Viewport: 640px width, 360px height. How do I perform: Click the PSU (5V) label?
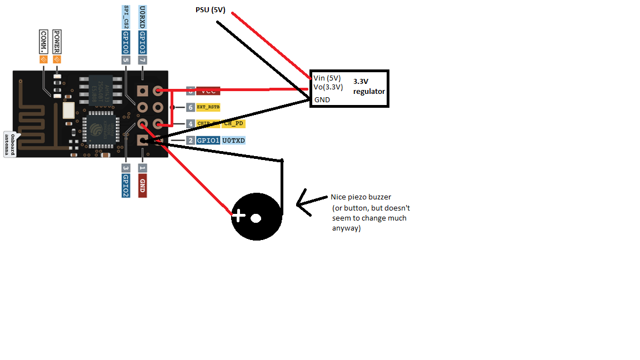[211, 10]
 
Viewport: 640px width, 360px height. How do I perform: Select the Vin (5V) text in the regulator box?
[327, 78]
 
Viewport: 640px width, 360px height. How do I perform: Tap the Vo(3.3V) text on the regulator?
[328, 87]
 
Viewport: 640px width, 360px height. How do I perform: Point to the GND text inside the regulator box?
[322, 100]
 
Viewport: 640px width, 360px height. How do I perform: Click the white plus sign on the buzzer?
[238, 216]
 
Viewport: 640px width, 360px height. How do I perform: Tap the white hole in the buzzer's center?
[256, 218]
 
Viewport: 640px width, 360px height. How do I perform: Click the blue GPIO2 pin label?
[126, 186]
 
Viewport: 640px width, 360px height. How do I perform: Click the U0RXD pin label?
[143, 17]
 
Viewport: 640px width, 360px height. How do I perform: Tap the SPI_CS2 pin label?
[126, 17]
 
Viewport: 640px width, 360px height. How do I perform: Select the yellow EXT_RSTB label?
[208, 107]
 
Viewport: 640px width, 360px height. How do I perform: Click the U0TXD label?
[234, 141]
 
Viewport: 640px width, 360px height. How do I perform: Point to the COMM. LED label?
[43, 42]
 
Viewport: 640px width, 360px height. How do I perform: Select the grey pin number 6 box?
[191, 107]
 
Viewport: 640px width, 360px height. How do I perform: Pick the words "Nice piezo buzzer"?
[361, 197]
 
